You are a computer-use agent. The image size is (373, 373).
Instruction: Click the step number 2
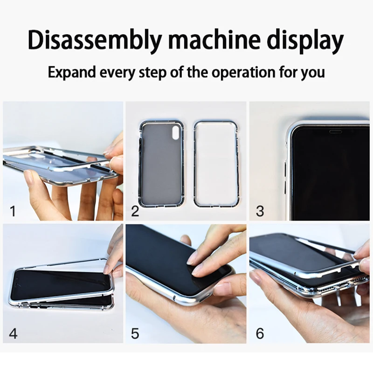[135, 211]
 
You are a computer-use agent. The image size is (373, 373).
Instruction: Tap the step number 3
[260, 211]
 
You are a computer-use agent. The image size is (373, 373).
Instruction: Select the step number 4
[13, 333]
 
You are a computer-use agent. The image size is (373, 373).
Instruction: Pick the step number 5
[135, 333]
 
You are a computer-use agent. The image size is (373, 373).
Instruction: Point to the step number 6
[260, 333]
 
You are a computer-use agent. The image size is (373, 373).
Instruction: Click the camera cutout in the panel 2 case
[175, 133]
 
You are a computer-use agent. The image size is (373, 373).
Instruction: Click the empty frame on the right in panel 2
[216, 163]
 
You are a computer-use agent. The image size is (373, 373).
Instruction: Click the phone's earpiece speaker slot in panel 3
[335, 132]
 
